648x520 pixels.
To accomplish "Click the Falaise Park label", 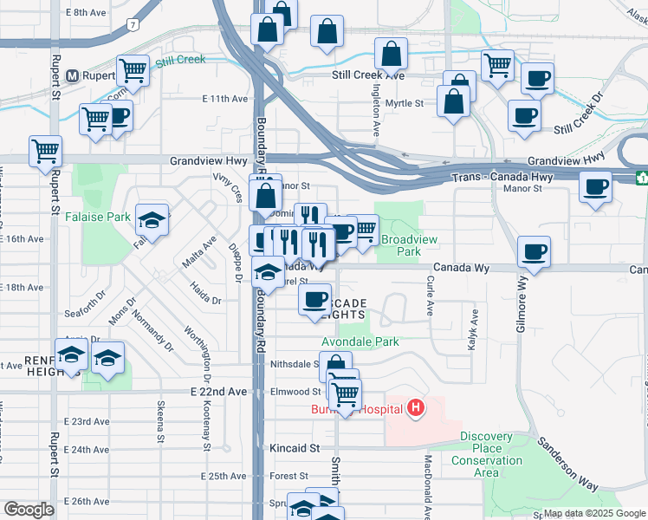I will (108, 217).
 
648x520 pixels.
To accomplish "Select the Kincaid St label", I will (295, 448).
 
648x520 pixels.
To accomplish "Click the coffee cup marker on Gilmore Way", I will (534, 252).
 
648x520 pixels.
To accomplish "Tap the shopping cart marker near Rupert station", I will (132, 69).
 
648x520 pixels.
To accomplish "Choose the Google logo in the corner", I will (29, 510).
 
